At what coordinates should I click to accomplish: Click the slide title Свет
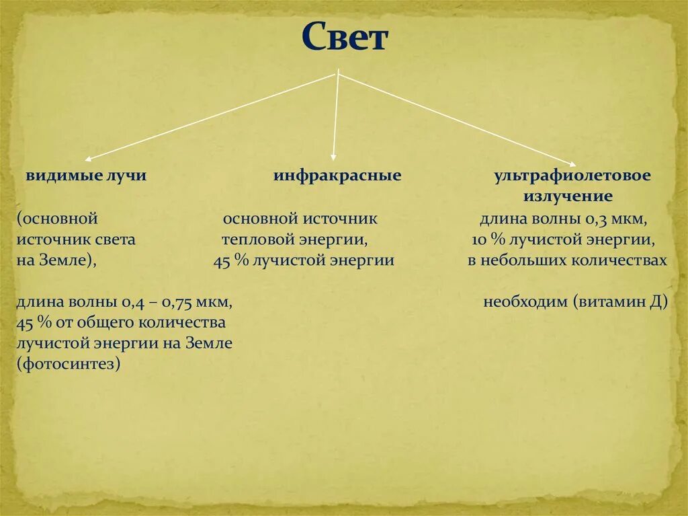[344, 38]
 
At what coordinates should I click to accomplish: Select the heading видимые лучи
[86, 176]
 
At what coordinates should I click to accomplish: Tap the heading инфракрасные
[337, 176]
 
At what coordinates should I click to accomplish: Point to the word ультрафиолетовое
[572, 176]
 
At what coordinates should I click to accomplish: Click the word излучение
[568, 196]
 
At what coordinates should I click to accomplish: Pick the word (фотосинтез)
[69, 364]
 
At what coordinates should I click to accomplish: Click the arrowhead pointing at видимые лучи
[89, 159]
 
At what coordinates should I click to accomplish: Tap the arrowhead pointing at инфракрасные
[334, 155]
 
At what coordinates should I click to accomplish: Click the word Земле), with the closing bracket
[71, 261]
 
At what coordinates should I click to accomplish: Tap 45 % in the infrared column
[230, 261]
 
